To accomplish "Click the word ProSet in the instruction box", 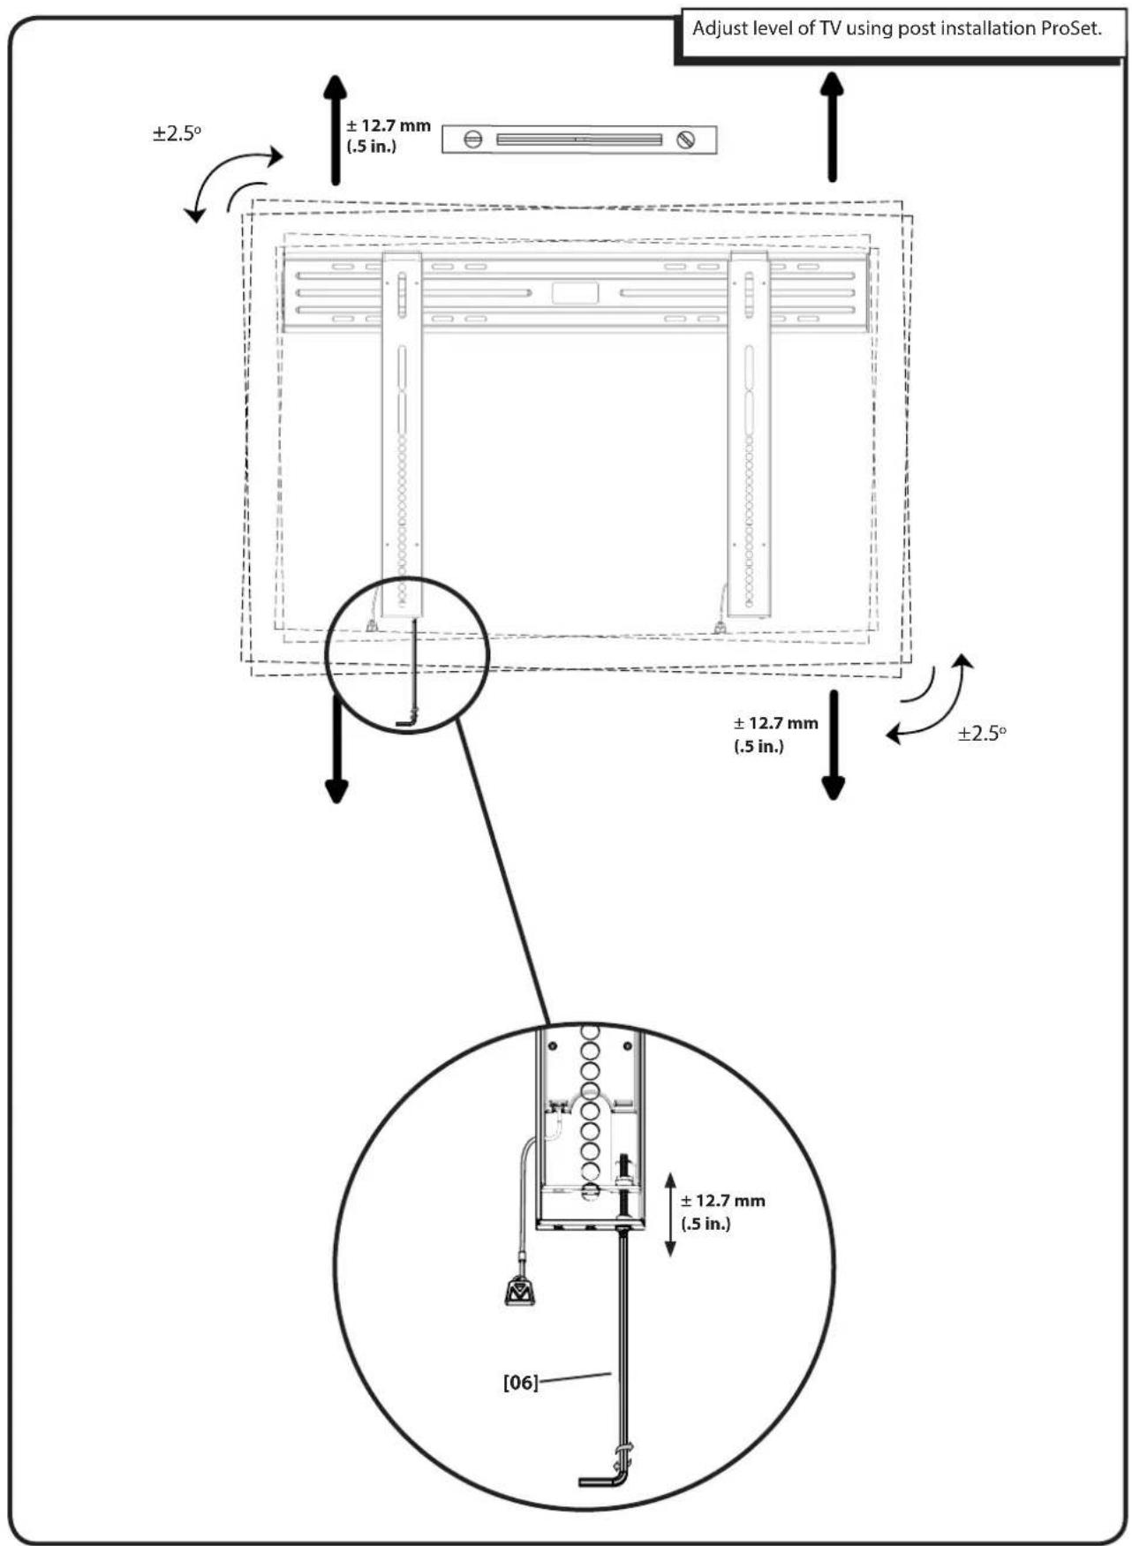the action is point(1070,28).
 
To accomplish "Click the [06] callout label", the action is point(520,1383).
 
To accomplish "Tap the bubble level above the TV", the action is point(579,140).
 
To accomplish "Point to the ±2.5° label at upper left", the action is point(177,134).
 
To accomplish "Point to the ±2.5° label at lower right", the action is point(982,734).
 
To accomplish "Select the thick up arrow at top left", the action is point(335,130).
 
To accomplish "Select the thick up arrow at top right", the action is point(832,127).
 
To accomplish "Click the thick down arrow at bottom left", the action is point(336,750).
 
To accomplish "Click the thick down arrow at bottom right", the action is point(833,746).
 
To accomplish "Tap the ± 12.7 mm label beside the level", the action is point(389,136).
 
